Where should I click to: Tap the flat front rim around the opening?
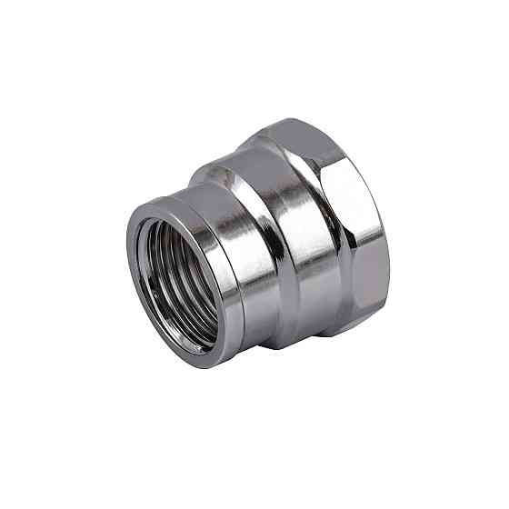(x=136, y=273)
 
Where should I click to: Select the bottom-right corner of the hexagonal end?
(x=373, y=323)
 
